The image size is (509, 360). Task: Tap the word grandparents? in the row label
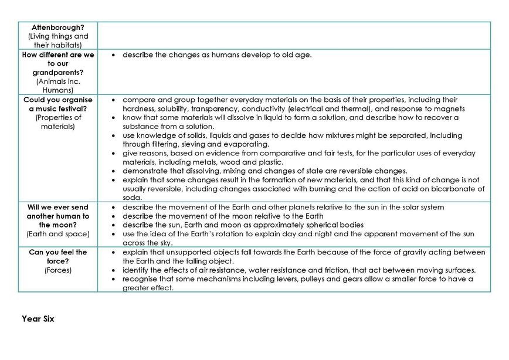click(57, 73)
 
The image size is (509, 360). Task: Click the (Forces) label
click(57, 270)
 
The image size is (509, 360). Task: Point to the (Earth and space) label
click(57, 234)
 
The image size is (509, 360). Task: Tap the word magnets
click(450, 108)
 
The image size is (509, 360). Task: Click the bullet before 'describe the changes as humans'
click(113, 55)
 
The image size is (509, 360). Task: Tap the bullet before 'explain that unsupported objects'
click(113, 252)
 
